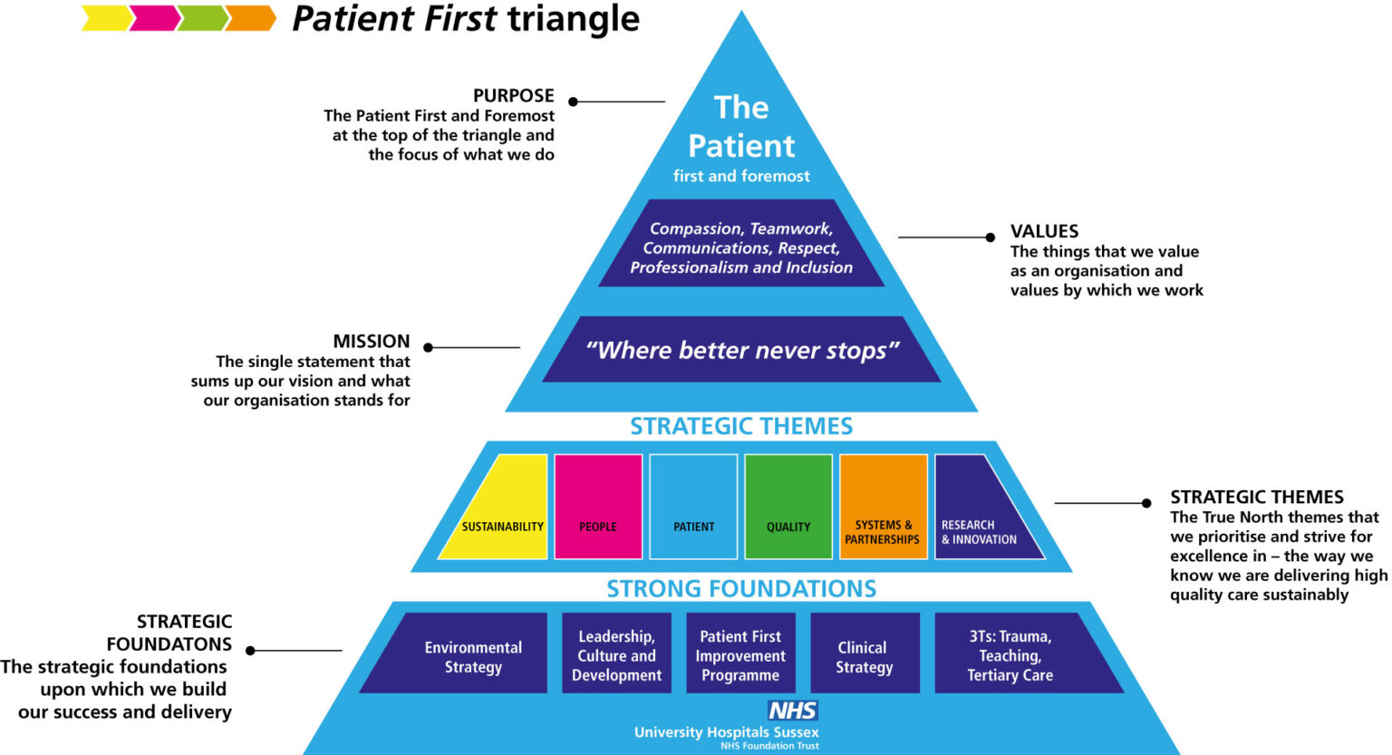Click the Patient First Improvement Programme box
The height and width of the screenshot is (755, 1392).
coord(740,654)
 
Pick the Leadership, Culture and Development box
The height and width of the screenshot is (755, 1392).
coord(616,654)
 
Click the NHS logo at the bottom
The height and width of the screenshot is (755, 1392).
coord(792,711)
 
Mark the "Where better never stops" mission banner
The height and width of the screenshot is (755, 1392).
coord(741,350)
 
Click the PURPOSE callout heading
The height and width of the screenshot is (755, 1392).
coord(513,96)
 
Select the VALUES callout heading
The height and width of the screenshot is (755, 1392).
coord(1044,231)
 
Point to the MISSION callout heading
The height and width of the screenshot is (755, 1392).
coord(371,342)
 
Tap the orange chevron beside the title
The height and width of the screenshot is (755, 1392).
coord(250,18)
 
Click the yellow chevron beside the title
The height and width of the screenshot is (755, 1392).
coord(105,18)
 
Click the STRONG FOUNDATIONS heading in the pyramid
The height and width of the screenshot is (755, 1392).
coord(741,589)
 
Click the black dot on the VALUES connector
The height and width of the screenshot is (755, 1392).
coord(991,237)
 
